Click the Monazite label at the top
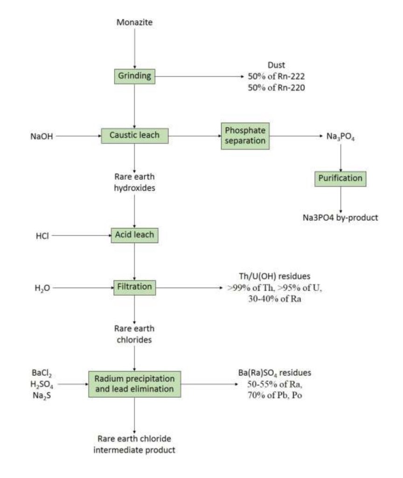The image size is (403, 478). [x=134, y=22]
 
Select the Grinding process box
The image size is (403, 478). [x=134, y=77]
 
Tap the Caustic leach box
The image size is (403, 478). [x=134, y=135]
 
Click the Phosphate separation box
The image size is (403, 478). [x=245, y=135]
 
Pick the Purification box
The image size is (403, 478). [x=340, y=178]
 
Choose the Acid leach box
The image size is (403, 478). [x=134, y=235]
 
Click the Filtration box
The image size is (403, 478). [x=134, y=287]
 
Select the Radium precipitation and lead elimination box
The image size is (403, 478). [x=134, y=384]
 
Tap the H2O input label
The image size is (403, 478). [x=42, y=288]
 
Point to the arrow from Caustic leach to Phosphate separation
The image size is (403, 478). [x=194, y=136]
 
